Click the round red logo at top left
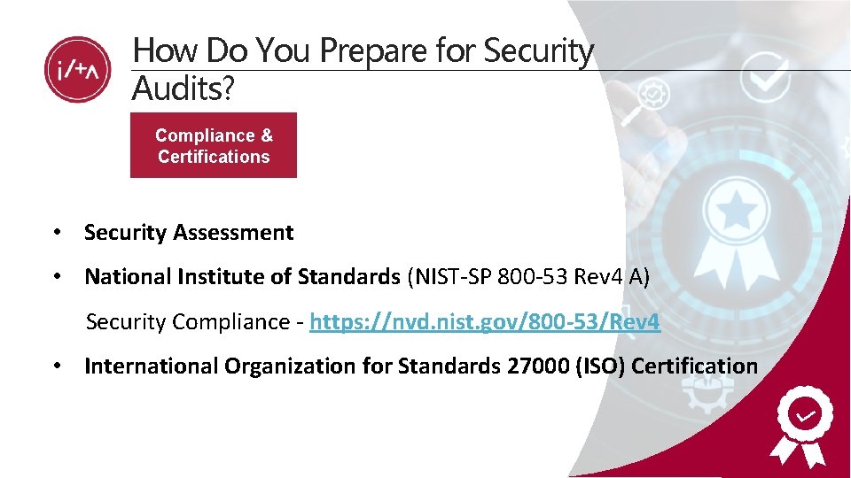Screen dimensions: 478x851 78,70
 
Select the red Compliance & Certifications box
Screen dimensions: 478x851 214,146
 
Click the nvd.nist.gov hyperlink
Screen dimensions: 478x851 485,321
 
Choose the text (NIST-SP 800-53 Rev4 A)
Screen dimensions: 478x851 528,277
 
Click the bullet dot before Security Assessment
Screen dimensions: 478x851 56,233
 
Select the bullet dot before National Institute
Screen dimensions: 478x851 56,277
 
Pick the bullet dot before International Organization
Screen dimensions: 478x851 56,366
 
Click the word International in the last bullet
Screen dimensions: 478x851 151,366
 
